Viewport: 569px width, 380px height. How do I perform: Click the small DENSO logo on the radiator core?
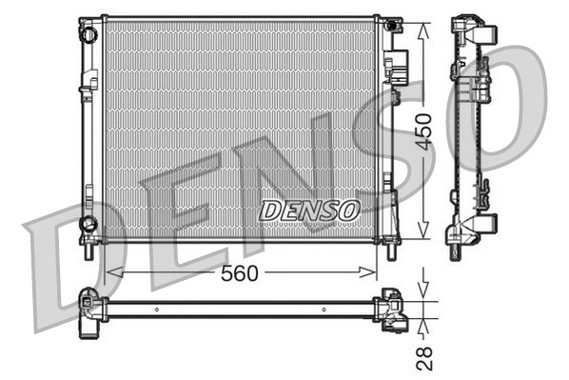click(308, 208)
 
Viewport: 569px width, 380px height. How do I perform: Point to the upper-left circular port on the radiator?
click(88, 35)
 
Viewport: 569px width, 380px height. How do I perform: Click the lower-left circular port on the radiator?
click(88, 224)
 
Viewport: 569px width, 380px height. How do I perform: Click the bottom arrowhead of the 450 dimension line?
click(423, 233)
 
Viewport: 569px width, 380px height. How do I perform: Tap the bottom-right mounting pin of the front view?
click(391, 251)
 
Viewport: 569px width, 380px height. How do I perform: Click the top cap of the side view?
click(472, 30)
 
